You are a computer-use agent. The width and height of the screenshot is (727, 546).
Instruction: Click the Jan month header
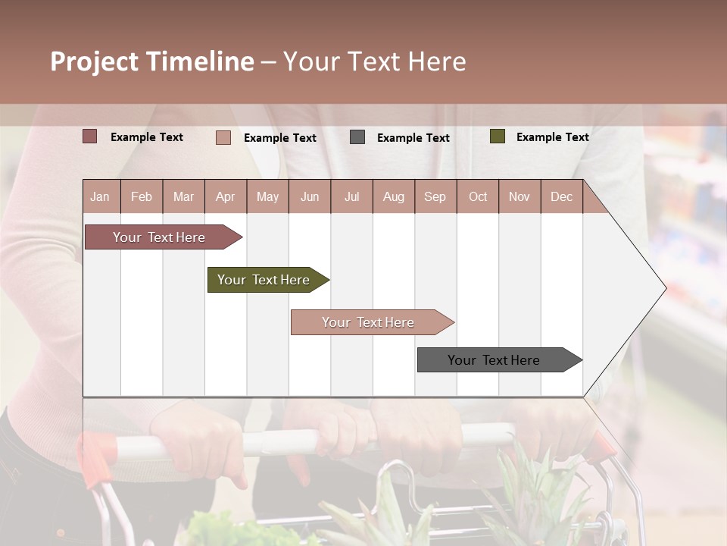coord(100,196)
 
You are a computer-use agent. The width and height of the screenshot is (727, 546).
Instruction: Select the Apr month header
coord(225,196)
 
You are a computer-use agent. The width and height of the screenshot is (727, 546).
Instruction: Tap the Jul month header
coord(351,196)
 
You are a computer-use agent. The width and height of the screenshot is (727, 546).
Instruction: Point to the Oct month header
coord(478,196)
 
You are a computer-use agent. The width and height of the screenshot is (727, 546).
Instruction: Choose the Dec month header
coord(561,196)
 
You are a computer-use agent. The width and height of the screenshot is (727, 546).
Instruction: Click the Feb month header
coord(142,196)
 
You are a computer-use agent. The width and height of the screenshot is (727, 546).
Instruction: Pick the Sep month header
coord(435,196)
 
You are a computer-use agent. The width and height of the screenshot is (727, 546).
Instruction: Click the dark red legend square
coord(89,136)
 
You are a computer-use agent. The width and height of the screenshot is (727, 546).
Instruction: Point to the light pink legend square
coord(223,137)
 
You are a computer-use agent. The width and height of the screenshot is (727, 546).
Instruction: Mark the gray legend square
coord(357,137)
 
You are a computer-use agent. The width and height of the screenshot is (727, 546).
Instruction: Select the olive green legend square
coord(497,136)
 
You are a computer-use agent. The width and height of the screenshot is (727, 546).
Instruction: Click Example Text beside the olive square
coord(552,137)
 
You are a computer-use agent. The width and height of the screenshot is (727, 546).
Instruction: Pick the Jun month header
coord(310,196)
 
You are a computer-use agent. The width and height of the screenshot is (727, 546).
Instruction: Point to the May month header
coord(267,196)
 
